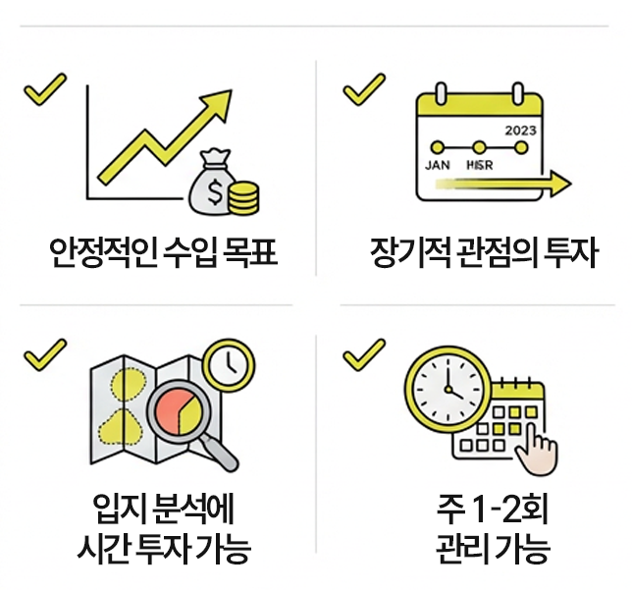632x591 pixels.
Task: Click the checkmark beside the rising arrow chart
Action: (44, 89)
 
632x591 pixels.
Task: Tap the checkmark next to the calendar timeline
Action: (363, 89)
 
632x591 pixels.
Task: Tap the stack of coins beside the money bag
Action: (243, 196)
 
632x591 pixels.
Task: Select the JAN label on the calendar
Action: (438, 166)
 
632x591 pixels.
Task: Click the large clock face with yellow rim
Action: (446, 388)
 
